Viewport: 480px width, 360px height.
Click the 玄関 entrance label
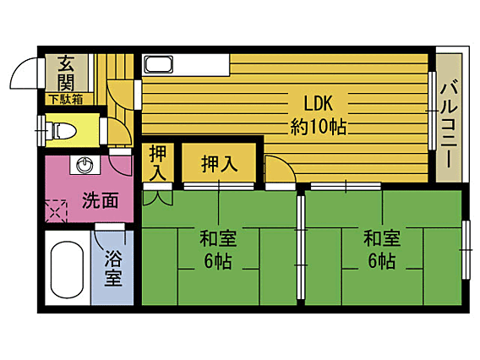click(66, 74)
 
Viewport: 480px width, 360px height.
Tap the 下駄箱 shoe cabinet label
click(67, 100)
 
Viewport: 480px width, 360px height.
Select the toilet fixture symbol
click(61, 131)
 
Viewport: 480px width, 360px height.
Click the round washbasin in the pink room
click(85, 166)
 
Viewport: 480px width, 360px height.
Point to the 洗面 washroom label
click(100, 200)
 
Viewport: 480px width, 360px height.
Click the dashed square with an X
click(56, 211)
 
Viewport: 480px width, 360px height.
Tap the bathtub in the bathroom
click(67, 269)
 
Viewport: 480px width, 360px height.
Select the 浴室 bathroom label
click(113, 268)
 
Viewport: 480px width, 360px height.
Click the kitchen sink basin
click(159, 64)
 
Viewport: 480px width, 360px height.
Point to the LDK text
click(318, 103)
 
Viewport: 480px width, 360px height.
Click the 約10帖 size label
click(319, 127)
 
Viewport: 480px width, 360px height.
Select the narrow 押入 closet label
click(158, 163)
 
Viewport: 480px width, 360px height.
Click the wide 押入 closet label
click(219, 164)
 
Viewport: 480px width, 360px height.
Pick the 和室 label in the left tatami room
click(218, 239)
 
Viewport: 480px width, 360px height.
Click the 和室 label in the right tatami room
click(382, 239)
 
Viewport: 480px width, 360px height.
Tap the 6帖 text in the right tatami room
click(382, 261)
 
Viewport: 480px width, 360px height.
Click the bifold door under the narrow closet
click(158, 198)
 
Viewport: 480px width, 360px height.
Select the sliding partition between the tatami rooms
click(301, 247)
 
